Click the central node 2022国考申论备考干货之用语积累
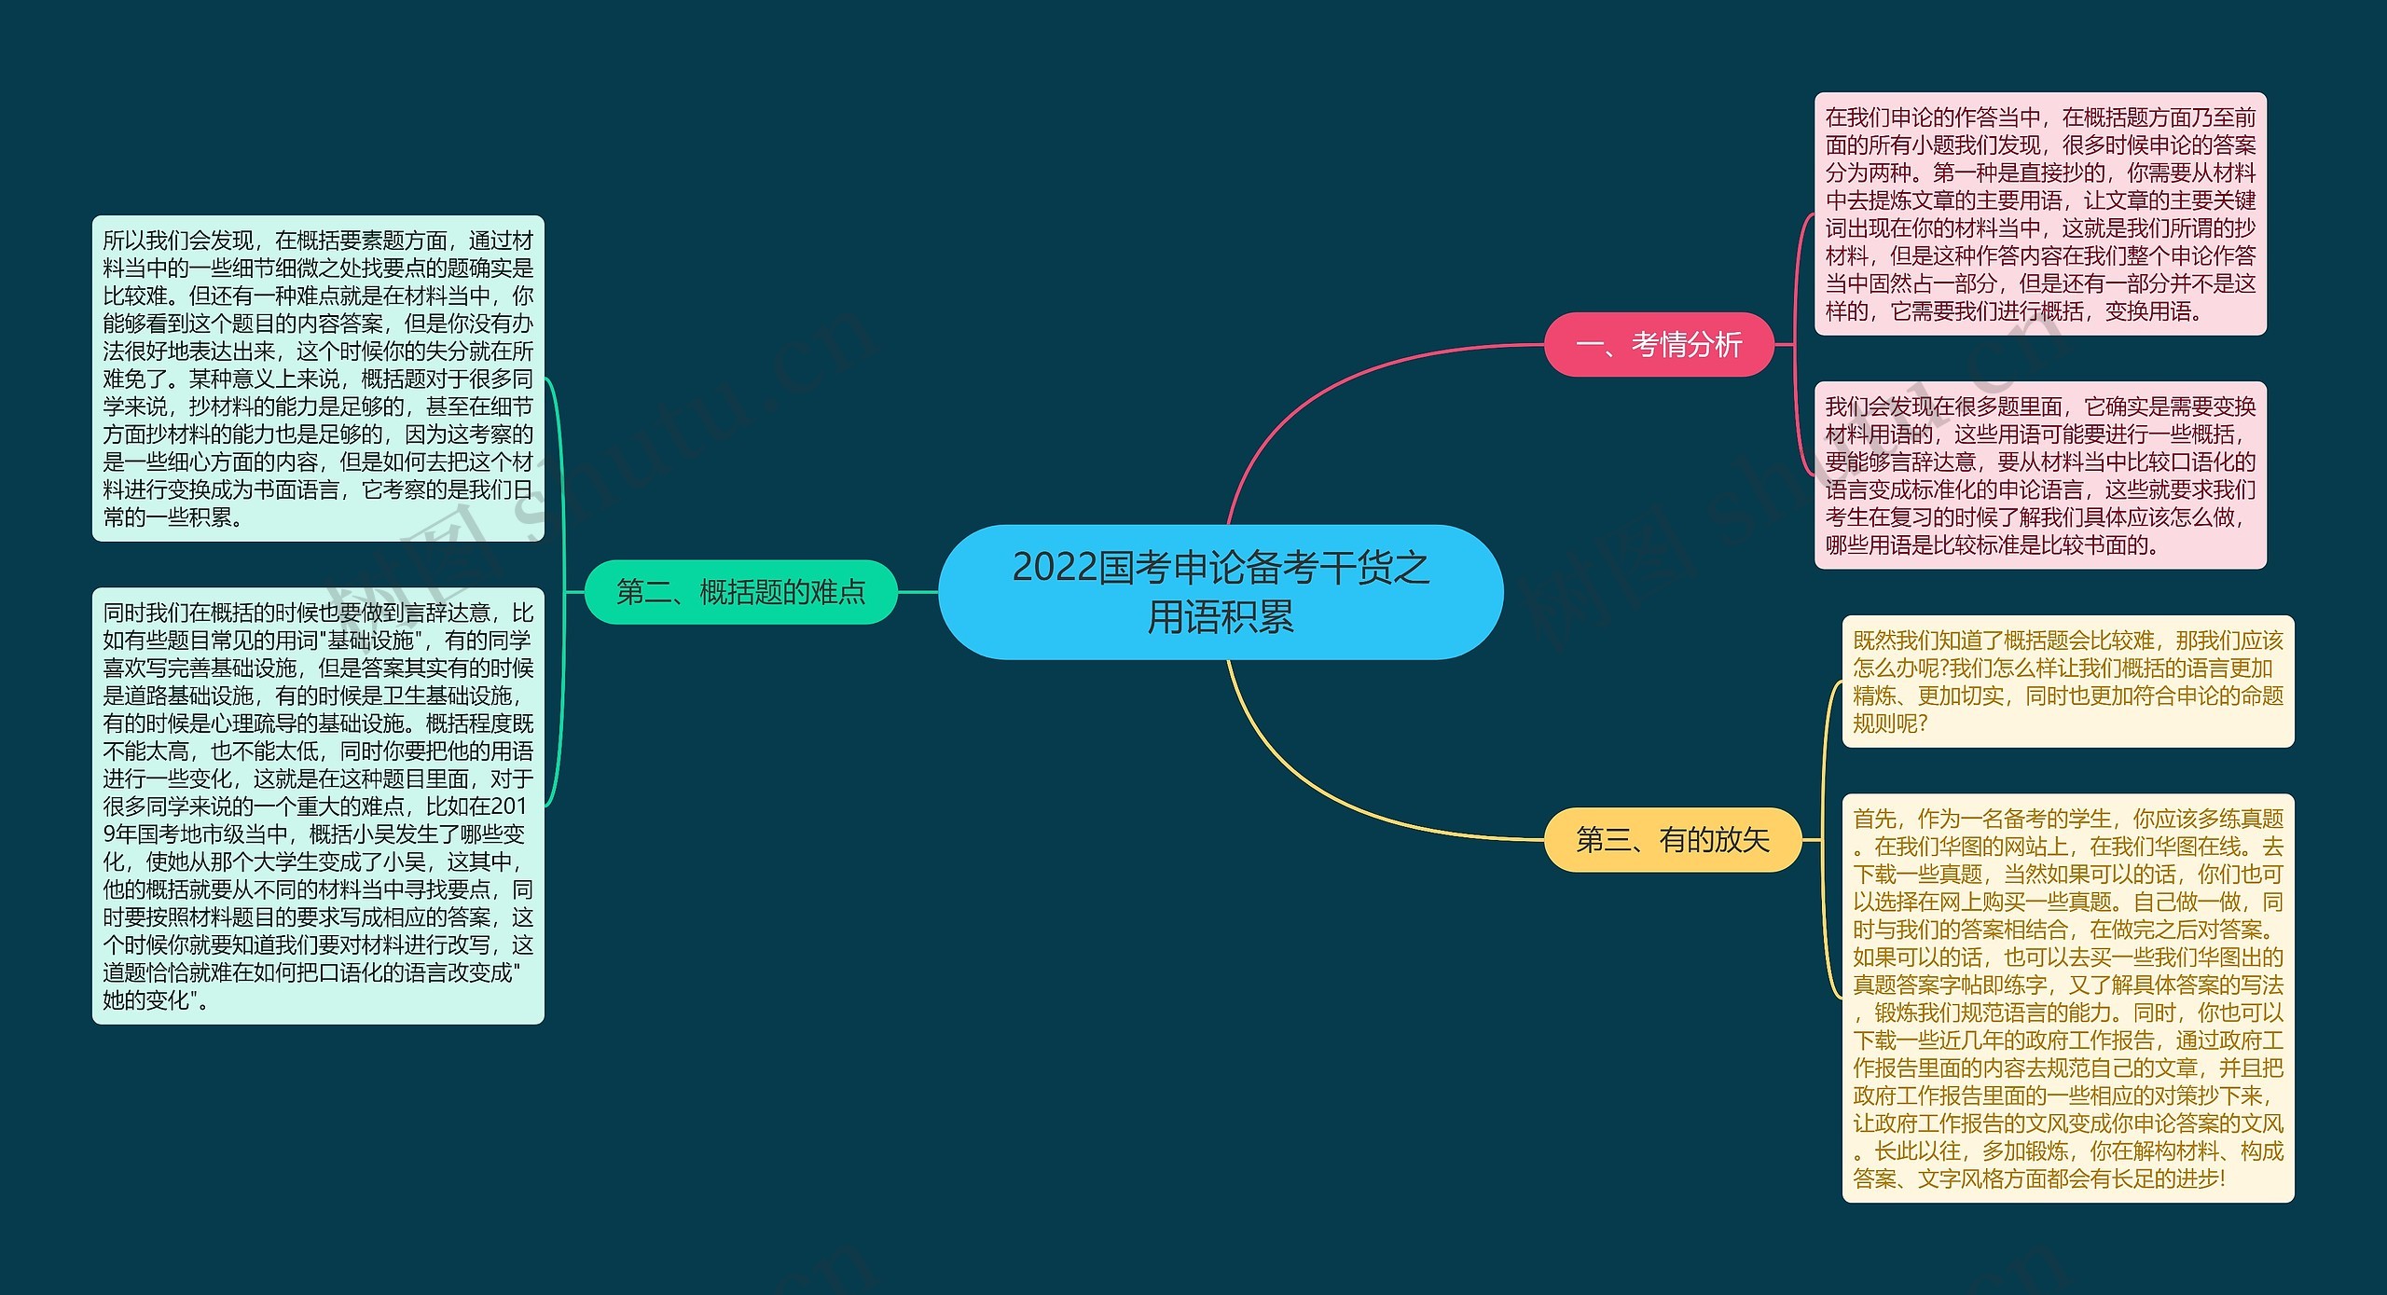pyautogui.click(x=1220, y=591)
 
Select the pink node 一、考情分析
pyautogui.click(x=1658, y=344)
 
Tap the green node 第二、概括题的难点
pyautogui.click(x=740, y=591)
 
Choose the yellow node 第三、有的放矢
pyautogui.click(x=1672, y=839)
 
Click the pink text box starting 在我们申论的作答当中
pyautogui.click(x=2039, y=214)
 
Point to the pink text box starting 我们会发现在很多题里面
pyautogui.click(x=2039, y=475)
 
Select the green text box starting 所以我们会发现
pyautogui.click(x=318, y=378)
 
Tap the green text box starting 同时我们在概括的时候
pyautogui.click(x=318, y=806)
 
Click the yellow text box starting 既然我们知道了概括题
pyautogui.click(x=2067, y=681)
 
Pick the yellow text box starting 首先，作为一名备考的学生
pyautogui.click(x=2067, y=998)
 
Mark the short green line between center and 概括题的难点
pyautogui.click(x=918, y=591)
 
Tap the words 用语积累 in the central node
pyautogui.click(x=1220, y=616)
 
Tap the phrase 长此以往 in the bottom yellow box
pyautogui.click(x=1917, y=1150)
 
